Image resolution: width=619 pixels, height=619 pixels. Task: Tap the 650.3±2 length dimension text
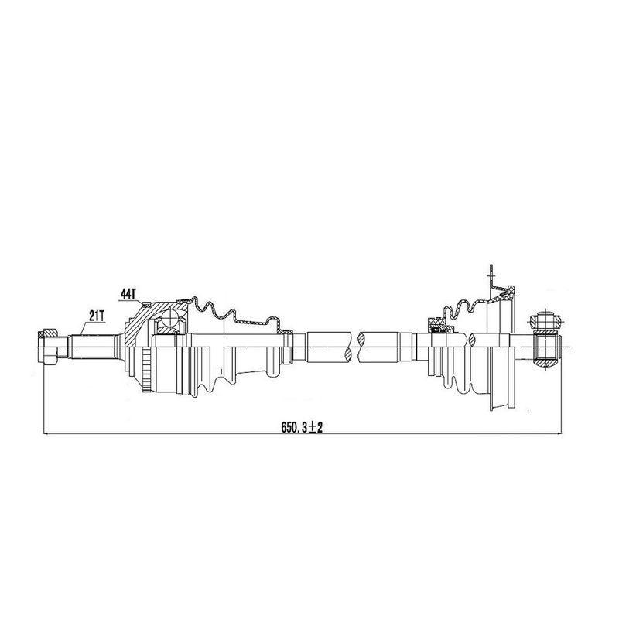(x=302, y=427)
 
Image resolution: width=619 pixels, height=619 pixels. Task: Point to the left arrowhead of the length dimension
(x=46, y=434)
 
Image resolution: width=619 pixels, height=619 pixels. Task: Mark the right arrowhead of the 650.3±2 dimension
(x=559, y=434)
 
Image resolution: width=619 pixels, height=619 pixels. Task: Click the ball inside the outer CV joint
(x=171, y=316)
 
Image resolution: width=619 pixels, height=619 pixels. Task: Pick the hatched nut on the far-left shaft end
(x=41, y=335)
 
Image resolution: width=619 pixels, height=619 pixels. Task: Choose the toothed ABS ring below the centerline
(x=147, y=370)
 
